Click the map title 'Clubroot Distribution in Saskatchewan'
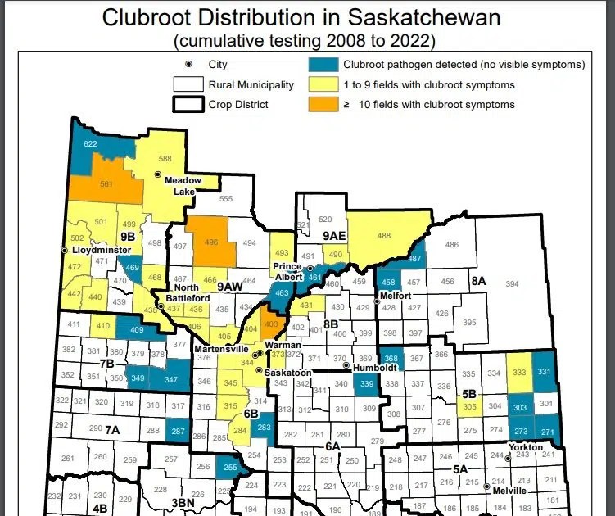tap(307, 18)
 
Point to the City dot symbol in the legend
tap(188, 65)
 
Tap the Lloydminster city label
tap(100, 249)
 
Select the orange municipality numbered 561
tap(106, 184)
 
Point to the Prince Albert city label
tap(289, 273)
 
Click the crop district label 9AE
tap(336, 236)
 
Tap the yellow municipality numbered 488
tap(383, 236)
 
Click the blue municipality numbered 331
tap(544, 372)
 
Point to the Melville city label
tap(510, 491)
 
